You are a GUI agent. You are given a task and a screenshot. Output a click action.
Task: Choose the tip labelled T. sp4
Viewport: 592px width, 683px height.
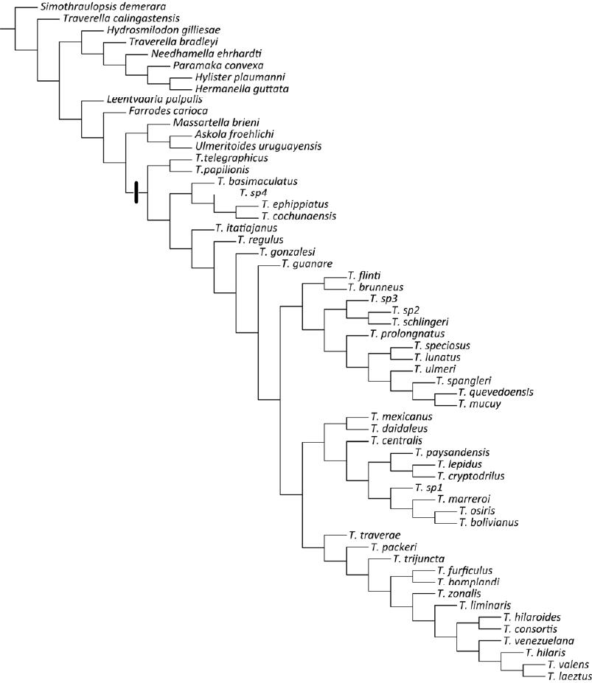click(253, 192)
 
